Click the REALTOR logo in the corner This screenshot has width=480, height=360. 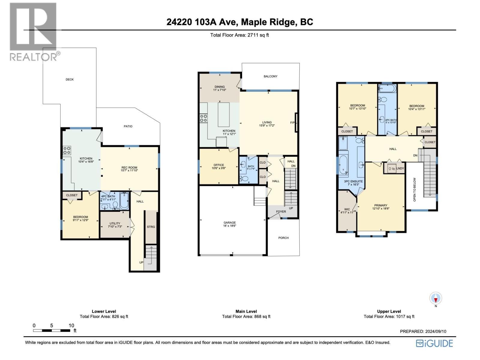pyautogui.click(x=33, y=31)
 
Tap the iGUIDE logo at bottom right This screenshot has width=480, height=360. pyautogui.click(x=434, y=343)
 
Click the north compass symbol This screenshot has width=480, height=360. pyautogui.click(x=436, y=298)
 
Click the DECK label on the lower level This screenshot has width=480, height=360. pyautogui.click(x=70, y=79)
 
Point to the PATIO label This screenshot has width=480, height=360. pyautogui.click(x=128, y=126)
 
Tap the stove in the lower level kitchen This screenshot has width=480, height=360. pyautogui.click(x=67, y=150)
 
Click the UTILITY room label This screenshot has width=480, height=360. pyautogui.click(x=115, y=223)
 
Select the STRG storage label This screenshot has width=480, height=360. pyautogui.click(x=151, y=227)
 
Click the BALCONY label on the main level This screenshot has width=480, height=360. pyautogui.click(x=270, y=76)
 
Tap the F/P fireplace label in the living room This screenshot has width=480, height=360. pyautogui.click(x=292, y=122)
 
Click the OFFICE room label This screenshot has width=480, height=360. pyautogui.click(x=219, y=165)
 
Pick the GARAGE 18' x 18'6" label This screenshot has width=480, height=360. pyautogui.click(x=230, y=224)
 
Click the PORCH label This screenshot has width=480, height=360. pyautogui.click(x=283, y=238)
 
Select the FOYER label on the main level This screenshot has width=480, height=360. pyautogui.click(x=281, y=211)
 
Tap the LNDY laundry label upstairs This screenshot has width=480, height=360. pyautogui.click(x=400, y=169)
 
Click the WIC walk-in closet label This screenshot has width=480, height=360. pyautogui.click(x=347, y=209)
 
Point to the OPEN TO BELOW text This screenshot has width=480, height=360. pyautogui.click(x=415, y=190)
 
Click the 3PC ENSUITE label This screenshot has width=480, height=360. pyautogui.click(x=353, y=181)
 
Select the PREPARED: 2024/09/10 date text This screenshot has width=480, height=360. pyautogui.click(x=423, y=331)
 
